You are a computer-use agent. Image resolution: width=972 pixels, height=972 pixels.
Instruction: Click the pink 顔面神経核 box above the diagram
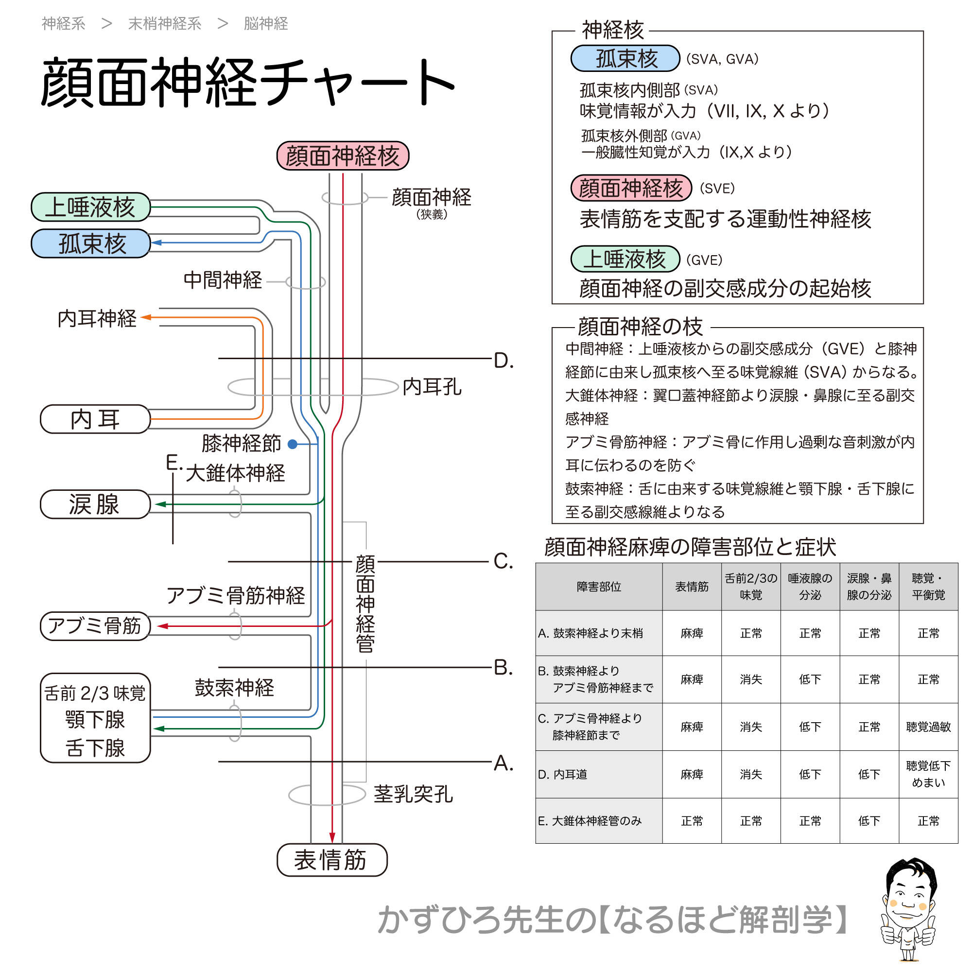pos(343,156)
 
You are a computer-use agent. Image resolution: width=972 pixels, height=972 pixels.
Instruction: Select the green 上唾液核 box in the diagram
pos(90,207)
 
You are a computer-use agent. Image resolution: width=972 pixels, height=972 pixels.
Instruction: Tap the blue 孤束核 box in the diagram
pos(90,243)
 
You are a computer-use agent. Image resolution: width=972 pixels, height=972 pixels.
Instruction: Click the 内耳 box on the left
pos(95,419)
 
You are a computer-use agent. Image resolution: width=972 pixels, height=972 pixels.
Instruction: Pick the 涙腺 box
pos(95,504)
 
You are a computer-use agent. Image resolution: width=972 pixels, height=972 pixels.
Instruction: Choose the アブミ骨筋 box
pos(95,626)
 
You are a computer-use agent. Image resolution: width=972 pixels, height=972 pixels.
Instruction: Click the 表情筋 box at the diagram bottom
pos(331,860)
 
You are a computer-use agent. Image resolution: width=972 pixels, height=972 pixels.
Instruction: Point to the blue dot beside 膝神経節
pos(292,444)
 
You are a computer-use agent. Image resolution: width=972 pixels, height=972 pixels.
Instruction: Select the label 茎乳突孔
pos(413,794)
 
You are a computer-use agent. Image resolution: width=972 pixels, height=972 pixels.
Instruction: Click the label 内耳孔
pos(432,387)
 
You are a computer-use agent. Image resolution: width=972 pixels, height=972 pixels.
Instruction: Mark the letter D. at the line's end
pos(503,361)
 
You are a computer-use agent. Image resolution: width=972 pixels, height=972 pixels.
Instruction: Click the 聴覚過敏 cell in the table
pos(928,727)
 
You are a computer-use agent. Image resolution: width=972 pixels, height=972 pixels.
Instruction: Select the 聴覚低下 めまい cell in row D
pos(928,774)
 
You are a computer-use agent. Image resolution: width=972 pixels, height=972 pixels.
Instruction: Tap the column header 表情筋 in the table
pos(692,587)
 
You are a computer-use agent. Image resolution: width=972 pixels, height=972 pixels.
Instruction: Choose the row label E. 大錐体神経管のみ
pos(590,821)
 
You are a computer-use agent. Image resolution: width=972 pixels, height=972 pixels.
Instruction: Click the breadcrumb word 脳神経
pos(266,24)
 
